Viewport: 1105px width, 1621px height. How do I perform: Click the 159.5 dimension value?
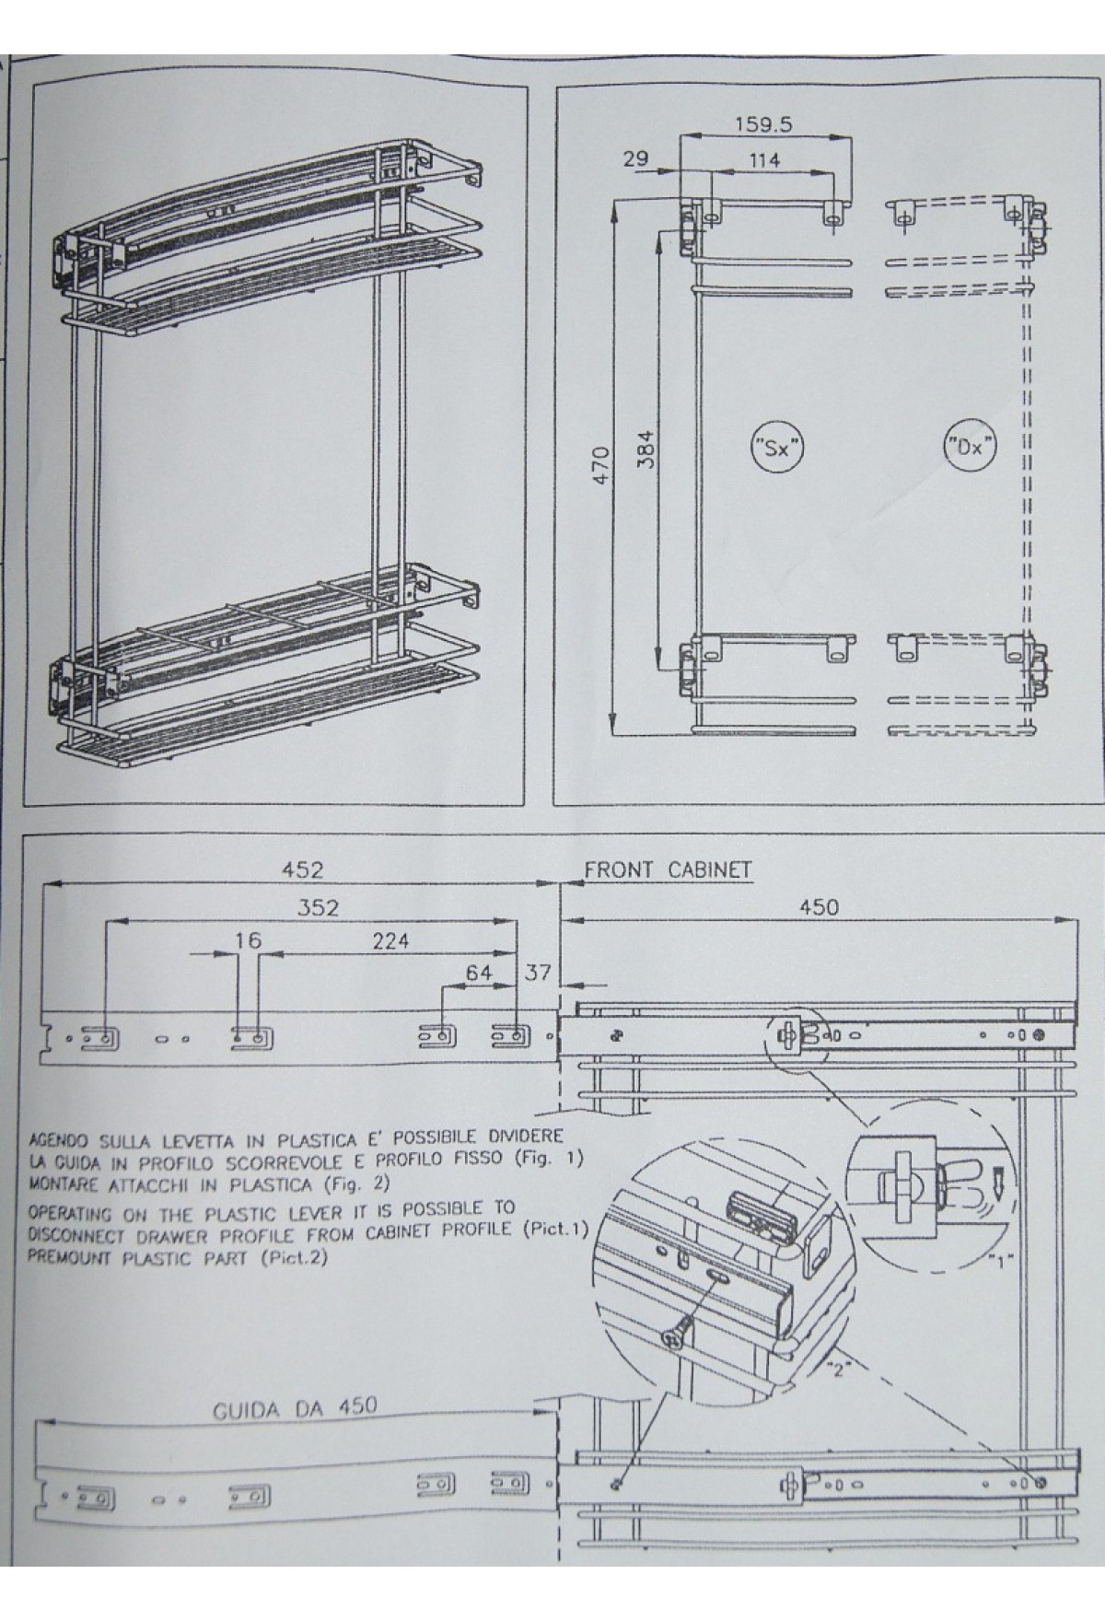[x=764, y=122]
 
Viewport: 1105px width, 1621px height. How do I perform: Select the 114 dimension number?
[x=763, y=159]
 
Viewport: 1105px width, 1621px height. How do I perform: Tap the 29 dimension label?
[x=635, y=158]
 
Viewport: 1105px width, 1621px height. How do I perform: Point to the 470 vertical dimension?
[x=601, y=466]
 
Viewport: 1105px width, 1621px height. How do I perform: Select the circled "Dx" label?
[x=971, y=449]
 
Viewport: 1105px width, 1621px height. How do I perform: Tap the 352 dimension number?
[x=318, y=907]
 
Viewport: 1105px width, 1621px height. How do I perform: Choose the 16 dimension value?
[x=248, y=940]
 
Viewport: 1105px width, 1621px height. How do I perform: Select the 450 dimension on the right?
[x=819, y=907]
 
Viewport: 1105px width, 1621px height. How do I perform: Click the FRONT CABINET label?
[x=668, y=869]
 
